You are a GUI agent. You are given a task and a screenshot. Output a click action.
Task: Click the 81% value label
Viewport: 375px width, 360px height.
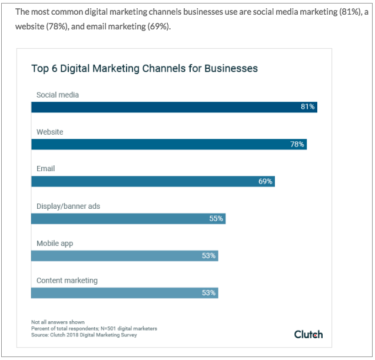308,107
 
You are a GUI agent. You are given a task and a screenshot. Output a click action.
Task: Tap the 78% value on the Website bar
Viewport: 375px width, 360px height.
297,144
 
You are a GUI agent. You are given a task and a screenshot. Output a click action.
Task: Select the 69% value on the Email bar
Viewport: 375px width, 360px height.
266,181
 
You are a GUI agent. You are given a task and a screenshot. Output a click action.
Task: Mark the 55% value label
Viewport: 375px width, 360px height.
216,218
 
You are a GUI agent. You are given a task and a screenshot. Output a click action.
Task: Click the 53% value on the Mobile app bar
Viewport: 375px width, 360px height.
209,255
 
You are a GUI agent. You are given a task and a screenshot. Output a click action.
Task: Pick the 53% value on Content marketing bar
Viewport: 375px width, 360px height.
209,292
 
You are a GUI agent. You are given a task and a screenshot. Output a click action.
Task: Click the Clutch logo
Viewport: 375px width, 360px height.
308,334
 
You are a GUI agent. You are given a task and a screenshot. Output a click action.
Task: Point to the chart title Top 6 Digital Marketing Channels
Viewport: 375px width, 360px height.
144,69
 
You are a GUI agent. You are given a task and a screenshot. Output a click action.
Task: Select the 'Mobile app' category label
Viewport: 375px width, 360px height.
55,244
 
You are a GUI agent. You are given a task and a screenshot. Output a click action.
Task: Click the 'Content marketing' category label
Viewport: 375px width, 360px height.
67,281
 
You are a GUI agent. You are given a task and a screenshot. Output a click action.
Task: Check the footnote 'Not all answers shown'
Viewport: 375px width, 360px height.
58,322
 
